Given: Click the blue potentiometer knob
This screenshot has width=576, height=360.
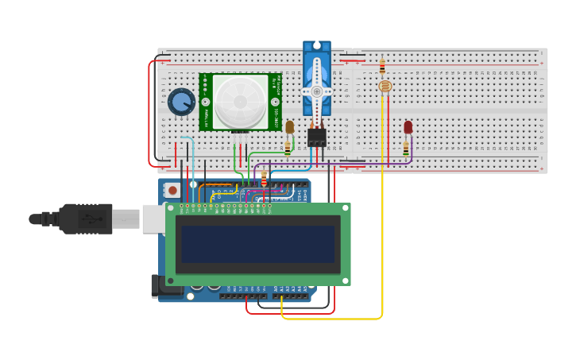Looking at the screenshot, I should coord(182,102).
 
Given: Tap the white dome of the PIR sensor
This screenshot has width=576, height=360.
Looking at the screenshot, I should coord(239,102).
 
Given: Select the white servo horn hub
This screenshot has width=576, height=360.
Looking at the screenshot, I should coord(317,91).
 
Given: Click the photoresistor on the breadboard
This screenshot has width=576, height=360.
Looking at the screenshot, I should coord(385,86).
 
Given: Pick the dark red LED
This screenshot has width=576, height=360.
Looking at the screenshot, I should coord(408,127).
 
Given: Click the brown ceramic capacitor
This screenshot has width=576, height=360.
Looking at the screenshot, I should coord(290,127).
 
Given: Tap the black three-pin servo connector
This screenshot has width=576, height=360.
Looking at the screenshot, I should coord(317,137).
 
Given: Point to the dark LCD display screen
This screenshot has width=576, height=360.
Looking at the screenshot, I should coord(257,244).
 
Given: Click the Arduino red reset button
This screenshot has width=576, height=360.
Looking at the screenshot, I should coord(172,191).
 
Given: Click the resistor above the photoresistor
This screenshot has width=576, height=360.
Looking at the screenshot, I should coord(382,66).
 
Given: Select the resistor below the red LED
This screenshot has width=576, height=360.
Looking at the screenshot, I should coord(406,149).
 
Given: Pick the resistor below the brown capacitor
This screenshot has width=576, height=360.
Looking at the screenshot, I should coord(288,147).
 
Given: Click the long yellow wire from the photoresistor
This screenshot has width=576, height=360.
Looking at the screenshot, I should coord(382,238).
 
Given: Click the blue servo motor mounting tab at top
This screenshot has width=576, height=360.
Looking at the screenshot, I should coord(316,46).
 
